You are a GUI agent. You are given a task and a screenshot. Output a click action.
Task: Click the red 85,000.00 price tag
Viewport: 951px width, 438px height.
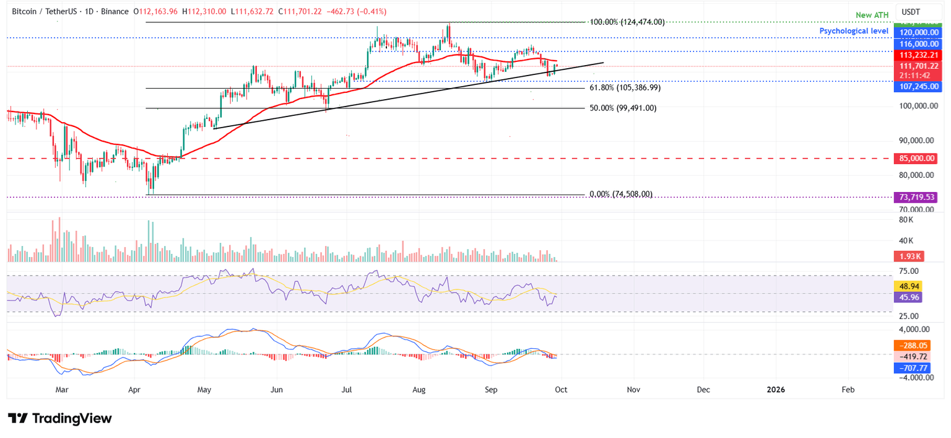[x=918, y=159]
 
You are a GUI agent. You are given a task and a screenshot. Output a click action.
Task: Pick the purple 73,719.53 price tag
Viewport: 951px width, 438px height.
[x=918, y=197]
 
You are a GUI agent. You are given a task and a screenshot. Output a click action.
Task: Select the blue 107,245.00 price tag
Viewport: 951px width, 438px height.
[x=918, y=87]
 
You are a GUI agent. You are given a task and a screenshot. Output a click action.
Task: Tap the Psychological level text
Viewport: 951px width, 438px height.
[x=855, y=31]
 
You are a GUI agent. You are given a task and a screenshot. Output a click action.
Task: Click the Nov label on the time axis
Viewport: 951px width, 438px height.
[x=633, y=390]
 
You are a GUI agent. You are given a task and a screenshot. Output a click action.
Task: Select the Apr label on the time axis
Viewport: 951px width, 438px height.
[x=134, y=390]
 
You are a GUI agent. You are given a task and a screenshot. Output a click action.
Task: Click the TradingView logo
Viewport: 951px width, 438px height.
[x=60, y=418]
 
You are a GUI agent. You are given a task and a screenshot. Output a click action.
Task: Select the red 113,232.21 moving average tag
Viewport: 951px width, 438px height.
[x=918, y=55]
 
